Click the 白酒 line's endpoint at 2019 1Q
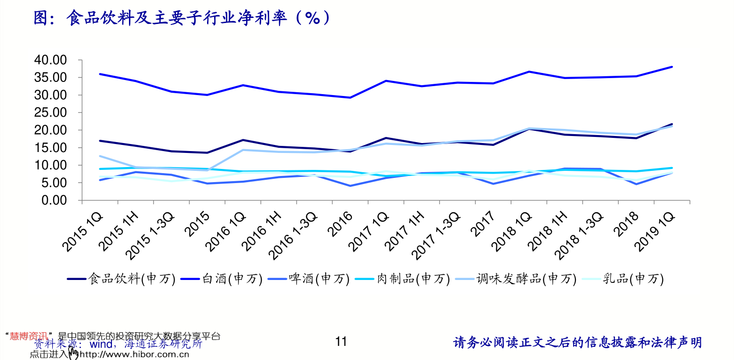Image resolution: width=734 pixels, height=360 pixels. tap(672, 67)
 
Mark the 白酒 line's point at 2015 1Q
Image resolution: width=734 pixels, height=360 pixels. tap(100, 74)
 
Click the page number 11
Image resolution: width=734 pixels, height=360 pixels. tap(341, 341)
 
